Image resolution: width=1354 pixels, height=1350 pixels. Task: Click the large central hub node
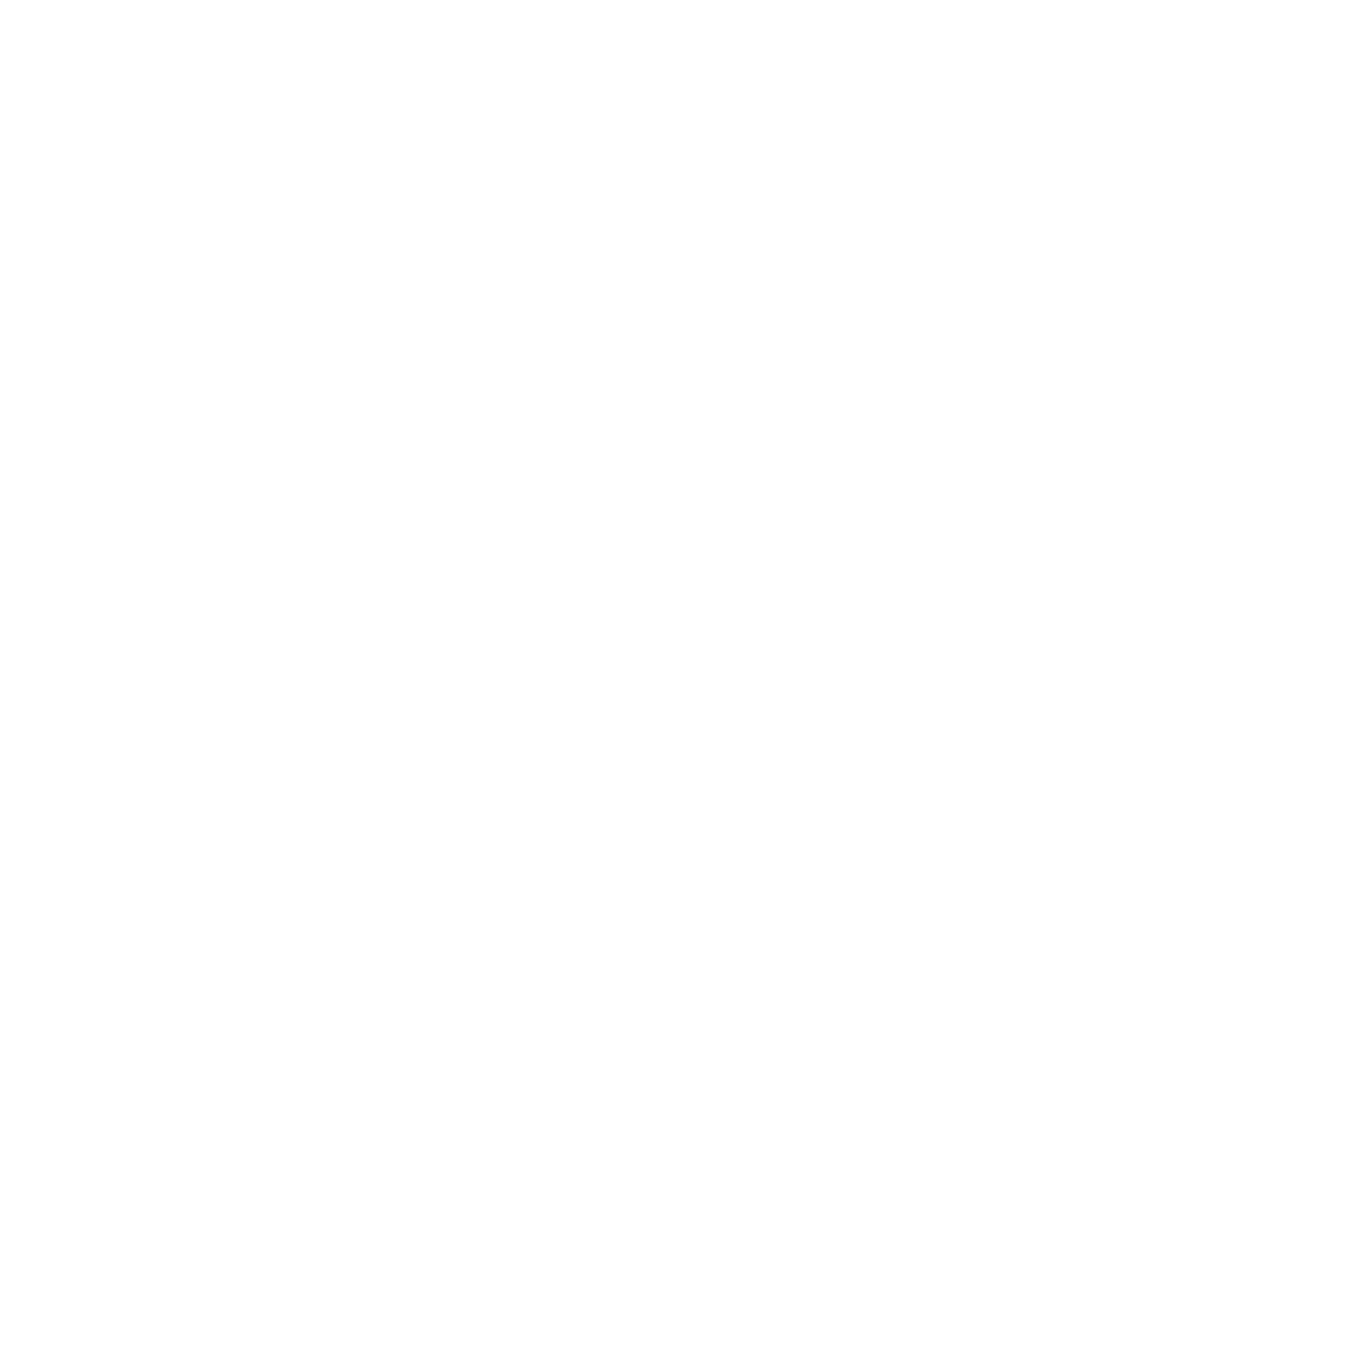point(382,713)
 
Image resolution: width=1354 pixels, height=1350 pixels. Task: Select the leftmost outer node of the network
point(85,621)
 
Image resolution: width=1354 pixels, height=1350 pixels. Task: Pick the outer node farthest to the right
point(705,784)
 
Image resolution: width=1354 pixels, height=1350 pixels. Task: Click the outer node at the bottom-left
point(106,898)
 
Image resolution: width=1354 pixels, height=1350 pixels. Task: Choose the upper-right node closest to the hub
point(538,584)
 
